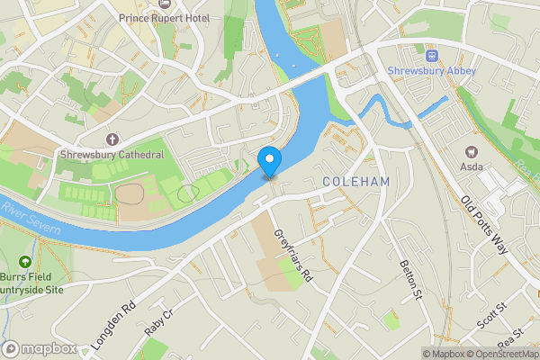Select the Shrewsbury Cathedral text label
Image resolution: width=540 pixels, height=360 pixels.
(112, 155)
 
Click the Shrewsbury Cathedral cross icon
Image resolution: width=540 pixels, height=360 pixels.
(112, 139)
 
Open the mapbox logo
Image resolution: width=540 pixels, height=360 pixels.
(39, 348)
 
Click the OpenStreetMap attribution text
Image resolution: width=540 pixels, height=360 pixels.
(499, 353)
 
